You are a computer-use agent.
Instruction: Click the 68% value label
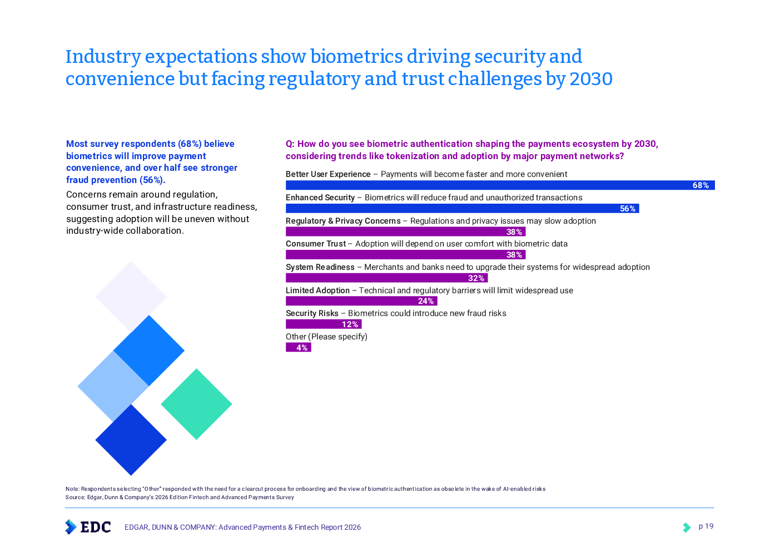coord(700,185)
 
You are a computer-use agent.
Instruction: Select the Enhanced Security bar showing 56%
coord(461,209)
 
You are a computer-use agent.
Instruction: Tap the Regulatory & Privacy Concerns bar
coord(405,232)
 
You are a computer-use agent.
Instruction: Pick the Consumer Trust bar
coord(405,255)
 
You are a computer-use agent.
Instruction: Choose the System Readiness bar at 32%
coord(386,278)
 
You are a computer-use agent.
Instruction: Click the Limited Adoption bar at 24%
coord(361,301)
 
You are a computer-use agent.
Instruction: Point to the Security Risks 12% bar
coord(324,324)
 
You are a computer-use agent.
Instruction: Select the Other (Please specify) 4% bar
coord(298,348)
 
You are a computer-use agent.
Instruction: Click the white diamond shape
coord(131,296)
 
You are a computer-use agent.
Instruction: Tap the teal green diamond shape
coord(196,404)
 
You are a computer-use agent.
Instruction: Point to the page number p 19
coord(706,526)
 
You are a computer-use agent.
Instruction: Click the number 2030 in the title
coord(591,79)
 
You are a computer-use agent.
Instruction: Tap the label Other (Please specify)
coord(326,337)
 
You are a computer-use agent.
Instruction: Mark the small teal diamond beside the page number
coord(687,528)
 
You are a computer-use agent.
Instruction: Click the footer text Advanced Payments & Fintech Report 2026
coord(290,527)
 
